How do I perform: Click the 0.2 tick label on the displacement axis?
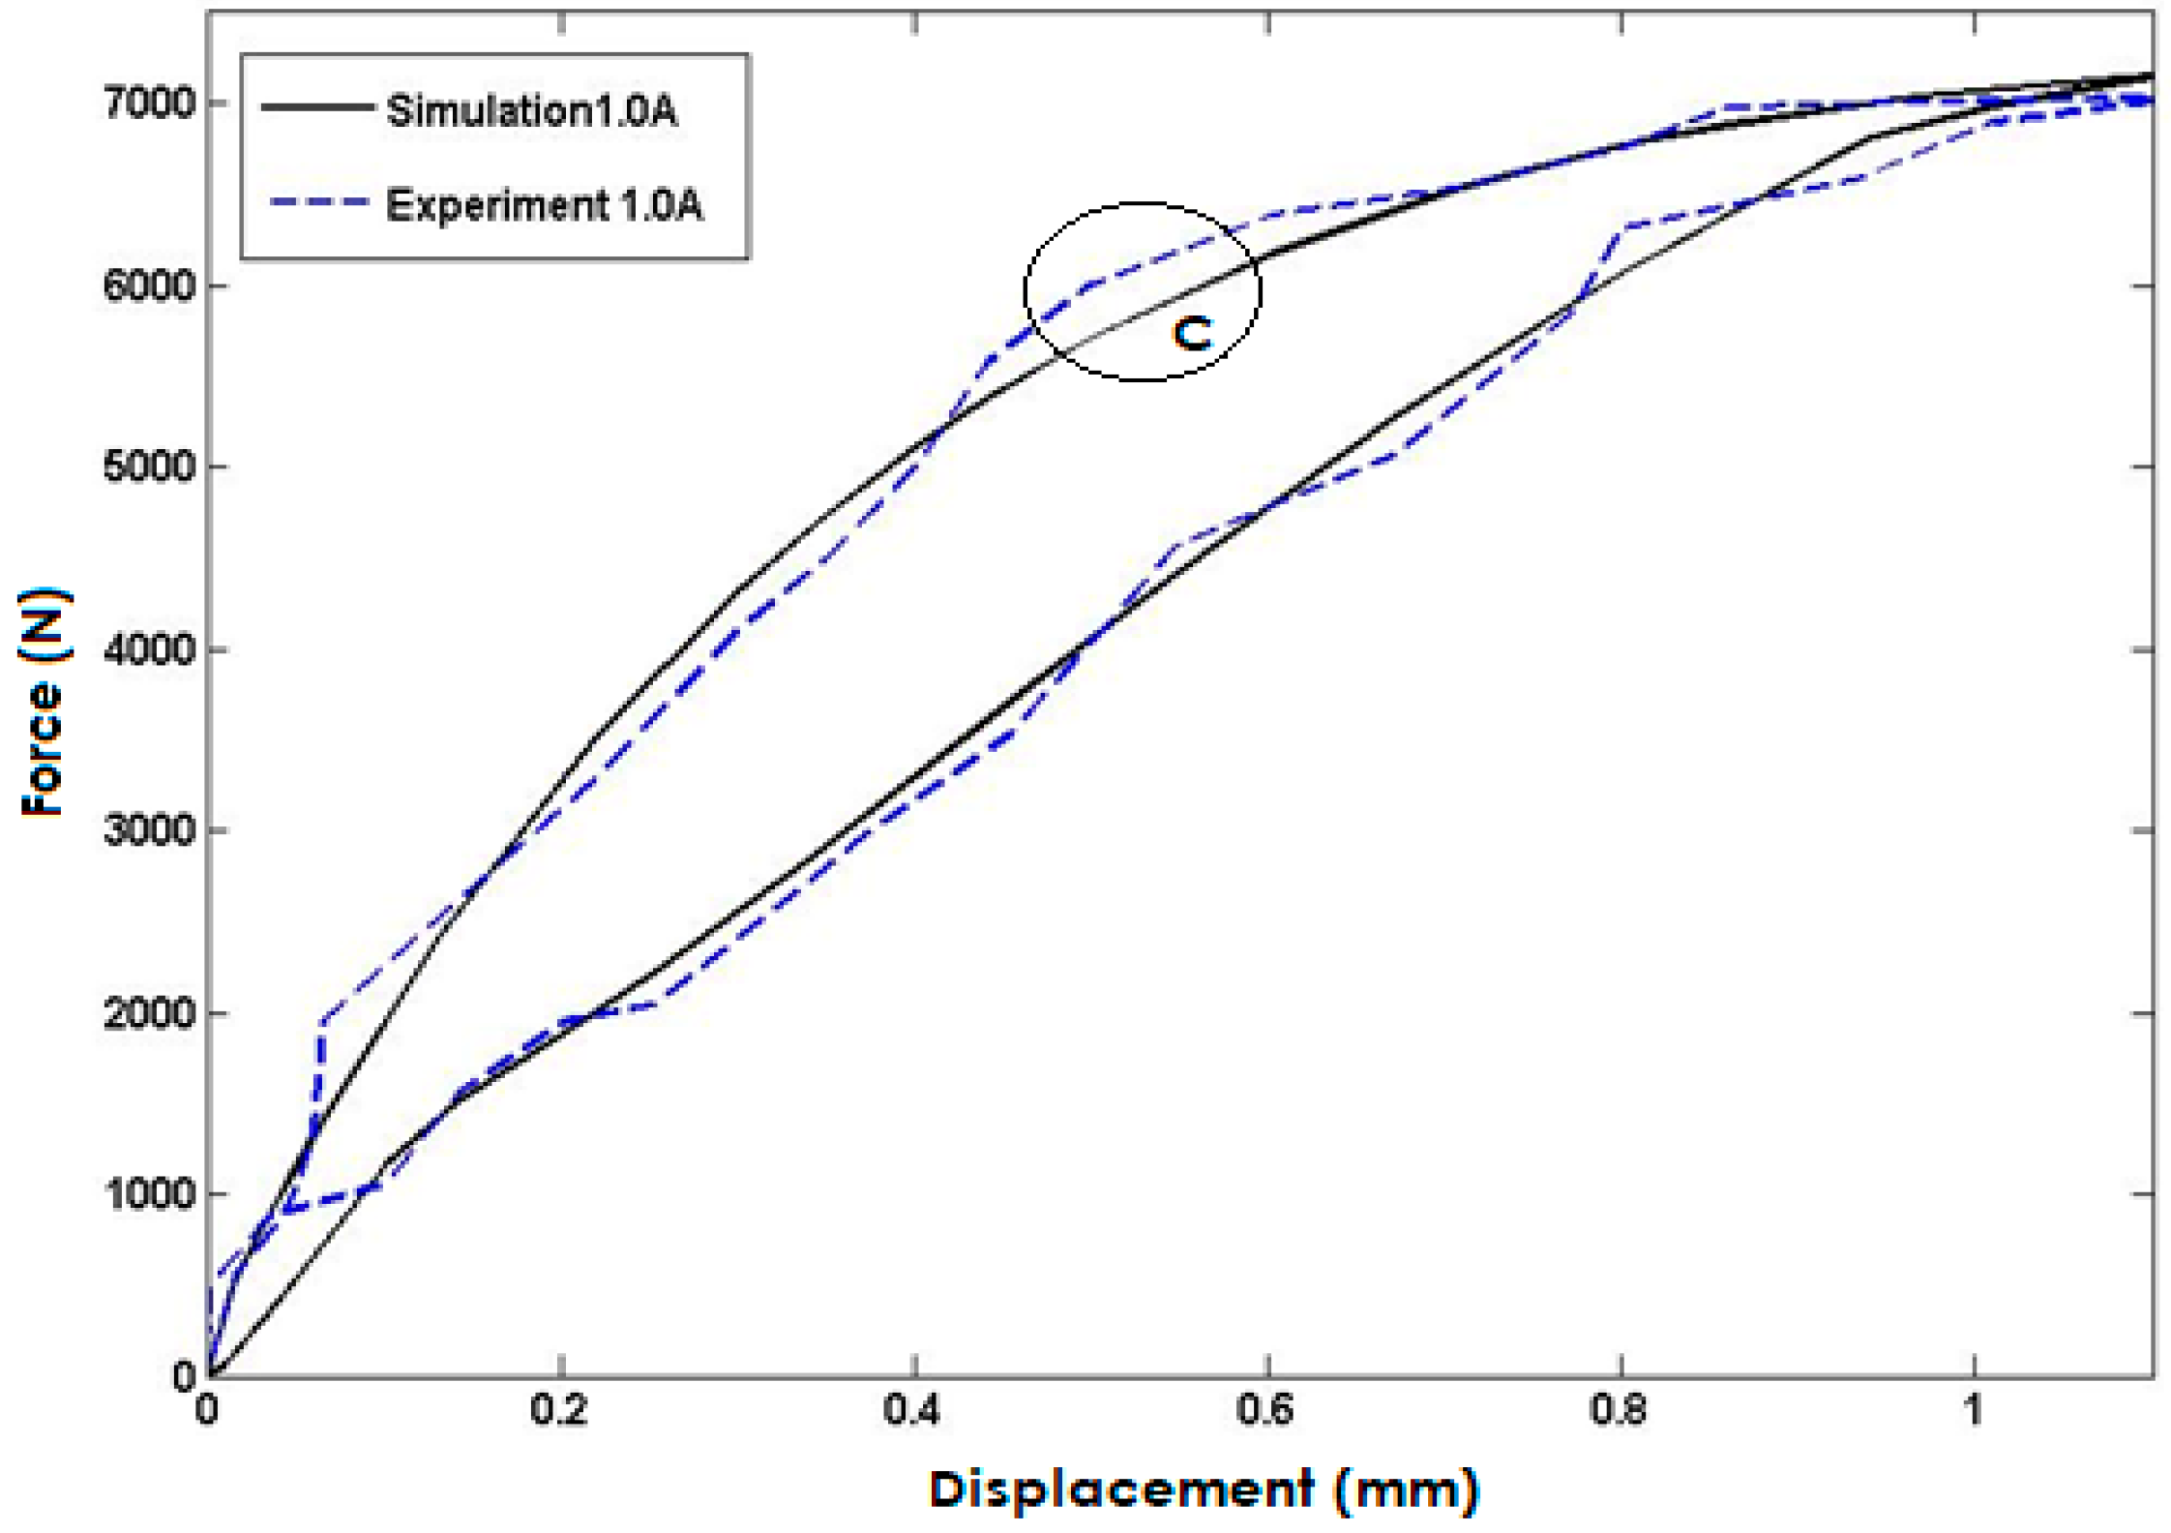pos(559,1410)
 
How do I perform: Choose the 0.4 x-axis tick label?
pos(913,1410)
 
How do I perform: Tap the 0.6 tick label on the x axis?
pos(1266,1410)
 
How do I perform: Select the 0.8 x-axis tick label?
pos(1620,1410)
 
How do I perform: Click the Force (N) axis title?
pos(45,702)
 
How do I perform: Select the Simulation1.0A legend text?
pos(531,111)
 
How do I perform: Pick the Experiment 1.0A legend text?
pos(544,205)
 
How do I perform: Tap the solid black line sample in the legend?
pos(317,106)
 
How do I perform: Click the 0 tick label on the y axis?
pos(184,1376)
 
